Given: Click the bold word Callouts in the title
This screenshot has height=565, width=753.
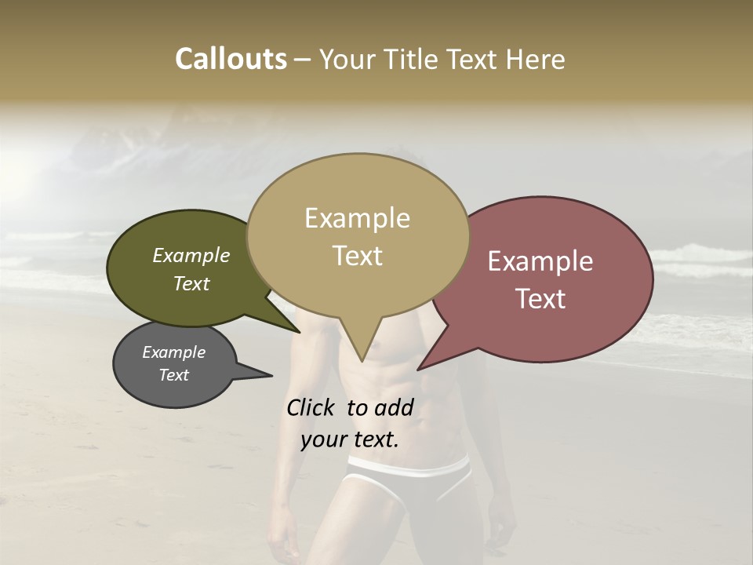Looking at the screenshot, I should click(x=231, y=59).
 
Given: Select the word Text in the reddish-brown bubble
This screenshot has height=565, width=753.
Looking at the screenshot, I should click(x=540, y=299).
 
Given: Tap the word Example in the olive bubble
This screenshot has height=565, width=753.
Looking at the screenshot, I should click(x=191, y=255).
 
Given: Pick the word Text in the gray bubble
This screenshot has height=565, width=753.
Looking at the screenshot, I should click(x=173, y=375).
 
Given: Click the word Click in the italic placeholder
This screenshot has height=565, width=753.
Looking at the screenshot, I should click(x=311, y=407).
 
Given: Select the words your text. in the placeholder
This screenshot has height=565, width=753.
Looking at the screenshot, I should click(x=350, y=439).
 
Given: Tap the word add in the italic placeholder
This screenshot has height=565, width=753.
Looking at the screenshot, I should click(x=394, y=407).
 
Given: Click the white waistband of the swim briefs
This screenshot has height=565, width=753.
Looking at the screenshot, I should click(x=408, y=468).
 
